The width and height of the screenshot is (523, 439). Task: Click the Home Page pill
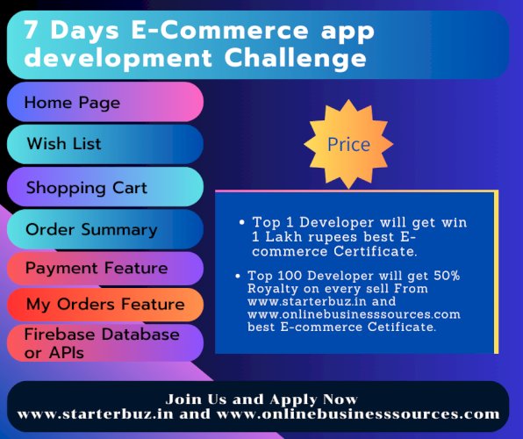pos(104,103)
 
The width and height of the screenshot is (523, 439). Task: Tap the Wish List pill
pos(104,143)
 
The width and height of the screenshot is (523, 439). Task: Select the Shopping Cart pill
pos(104,187)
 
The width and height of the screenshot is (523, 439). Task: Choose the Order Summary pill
pos(104,229)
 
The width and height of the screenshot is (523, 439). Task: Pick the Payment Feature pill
pos(104,267)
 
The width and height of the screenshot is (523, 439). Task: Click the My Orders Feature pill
pos(104,305)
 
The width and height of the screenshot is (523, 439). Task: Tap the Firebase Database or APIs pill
pos(104,342)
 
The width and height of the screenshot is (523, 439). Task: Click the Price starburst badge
pos(348,144)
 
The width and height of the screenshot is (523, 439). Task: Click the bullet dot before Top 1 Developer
pos(241,222)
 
